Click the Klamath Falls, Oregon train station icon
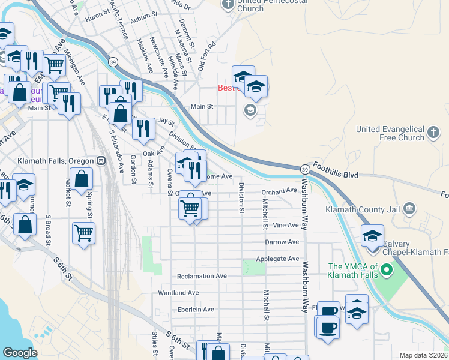point(101,161)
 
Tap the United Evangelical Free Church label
point(390,133)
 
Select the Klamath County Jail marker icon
point(410,209)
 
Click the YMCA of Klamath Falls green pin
point(387,271)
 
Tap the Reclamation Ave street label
point(202,276)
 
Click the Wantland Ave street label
point(178,293)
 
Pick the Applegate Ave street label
point(277,259)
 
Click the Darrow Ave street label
point(282,242)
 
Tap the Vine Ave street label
point(286,225)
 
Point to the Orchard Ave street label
point(279,191)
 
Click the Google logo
point(20,353)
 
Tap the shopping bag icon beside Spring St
point(81,178)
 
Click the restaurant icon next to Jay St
point(143,128)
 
